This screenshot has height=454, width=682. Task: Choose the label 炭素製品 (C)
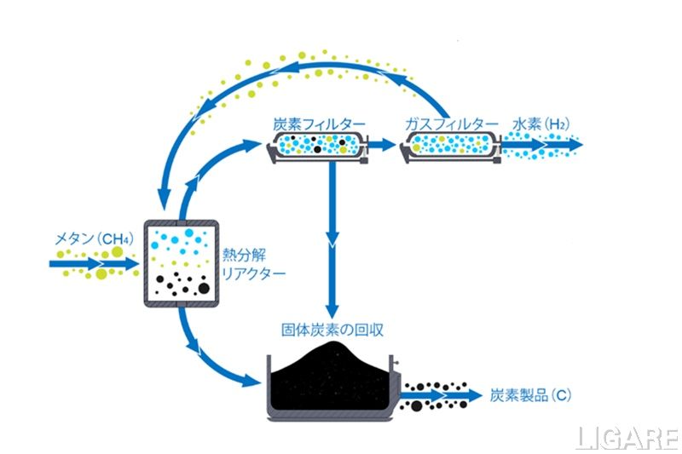coord(530,395)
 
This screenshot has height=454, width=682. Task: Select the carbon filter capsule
coord(315,146)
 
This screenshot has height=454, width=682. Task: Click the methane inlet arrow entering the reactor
coord(94,264)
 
